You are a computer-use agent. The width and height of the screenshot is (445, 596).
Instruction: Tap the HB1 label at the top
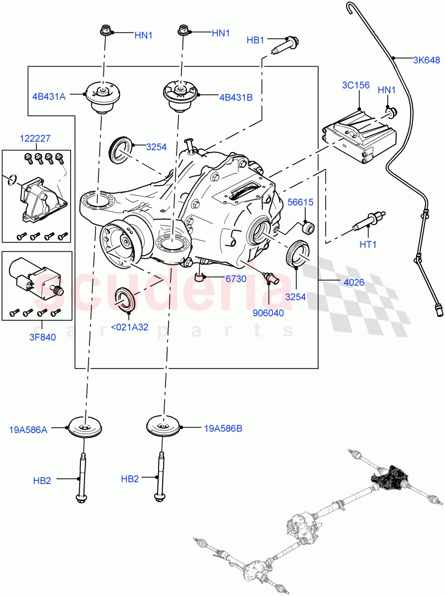click(256, 40)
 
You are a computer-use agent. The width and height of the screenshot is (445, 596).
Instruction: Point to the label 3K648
click(426, 61)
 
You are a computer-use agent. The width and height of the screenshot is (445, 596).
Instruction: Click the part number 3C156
click(356, 85)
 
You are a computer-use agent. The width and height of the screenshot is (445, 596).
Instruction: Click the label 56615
click(301, 202)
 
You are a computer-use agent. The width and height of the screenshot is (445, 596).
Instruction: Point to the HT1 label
click(368, 244)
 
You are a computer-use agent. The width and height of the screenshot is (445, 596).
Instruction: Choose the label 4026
click(354, 282)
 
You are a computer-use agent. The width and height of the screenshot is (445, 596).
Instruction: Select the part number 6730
click(236, 279)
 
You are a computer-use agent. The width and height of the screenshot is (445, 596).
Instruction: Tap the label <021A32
click(129, 327)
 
